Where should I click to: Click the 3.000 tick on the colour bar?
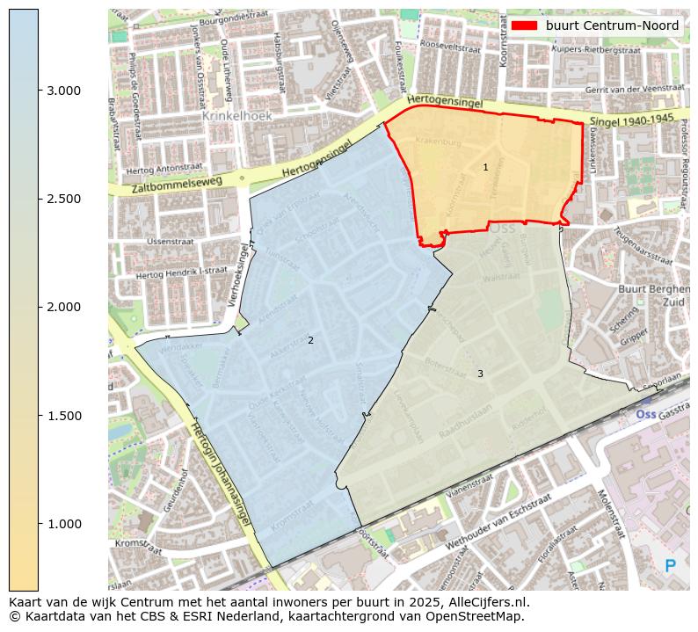pos(39,91)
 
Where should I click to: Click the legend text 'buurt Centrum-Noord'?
pos(612,25)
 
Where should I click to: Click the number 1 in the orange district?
pos(485,167)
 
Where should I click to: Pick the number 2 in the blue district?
pos(310,340)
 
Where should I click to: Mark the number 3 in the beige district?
pos(480,374)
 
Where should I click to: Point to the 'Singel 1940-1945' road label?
pos(631,120)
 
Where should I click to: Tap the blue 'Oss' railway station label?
pos(646,414)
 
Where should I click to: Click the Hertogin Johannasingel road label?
pos(221,475)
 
